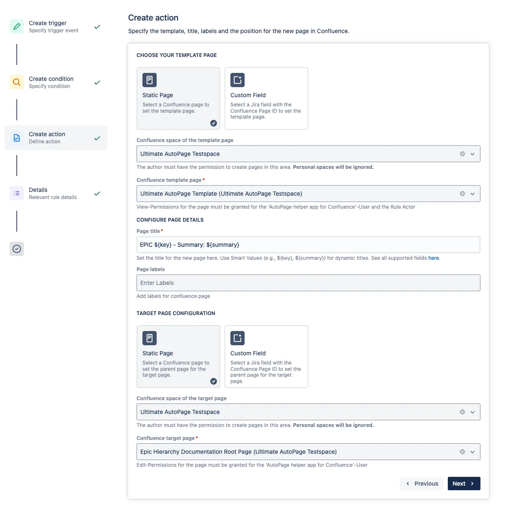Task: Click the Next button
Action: tap(464, 484)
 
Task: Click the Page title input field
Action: tap(308, 245)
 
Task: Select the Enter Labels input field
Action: tap(308, 283)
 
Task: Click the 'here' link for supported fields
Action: tap(434, 258)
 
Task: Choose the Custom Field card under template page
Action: tap(266, 98)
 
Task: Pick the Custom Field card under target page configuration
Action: tap(266, 357)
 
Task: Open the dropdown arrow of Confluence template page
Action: tap(472, 194)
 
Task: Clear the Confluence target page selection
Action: tap(462, 452)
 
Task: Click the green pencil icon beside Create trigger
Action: tap(17, 26)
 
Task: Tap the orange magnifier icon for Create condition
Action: tap(17, 82)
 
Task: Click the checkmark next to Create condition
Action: tap(97, 83)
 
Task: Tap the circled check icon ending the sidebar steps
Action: tap(17, 249)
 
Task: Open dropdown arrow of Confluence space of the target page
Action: tap(472, 412)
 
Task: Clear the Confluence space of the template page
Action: tap(462, 154)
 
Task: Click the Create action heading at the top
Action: tap(153, 18)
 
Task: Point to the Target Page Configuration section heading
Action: tap(176, 313)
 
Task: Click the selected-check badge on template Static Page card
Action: tap(214, 123)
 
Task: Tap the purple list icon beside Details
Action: tap(17, 193)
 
